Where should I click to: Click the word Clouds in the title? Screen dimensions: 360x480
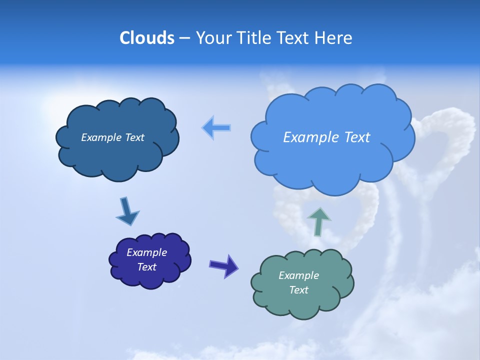[147, 38]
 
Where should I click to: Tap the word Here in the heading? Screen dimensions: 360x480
[333, 38]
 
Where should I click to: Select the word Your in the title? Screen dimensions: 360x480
[213, 38]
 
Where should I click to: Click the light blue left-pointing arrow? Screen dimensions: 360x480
[216, 128]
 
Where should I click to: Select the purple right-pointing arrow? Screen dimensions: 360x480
[223, 265]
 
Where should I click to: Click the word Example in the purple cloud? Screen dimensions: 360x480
[146, 252]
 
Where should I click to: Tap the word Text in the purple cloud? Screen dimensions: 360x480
[146, 267]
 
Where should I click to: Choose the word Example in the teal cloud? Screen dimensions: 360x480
[298, 275]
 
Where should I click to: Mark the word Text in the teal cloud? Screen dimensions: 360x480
[298, 290]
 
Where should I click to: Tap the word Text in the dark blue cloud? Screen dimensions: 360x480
[134, 137]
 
